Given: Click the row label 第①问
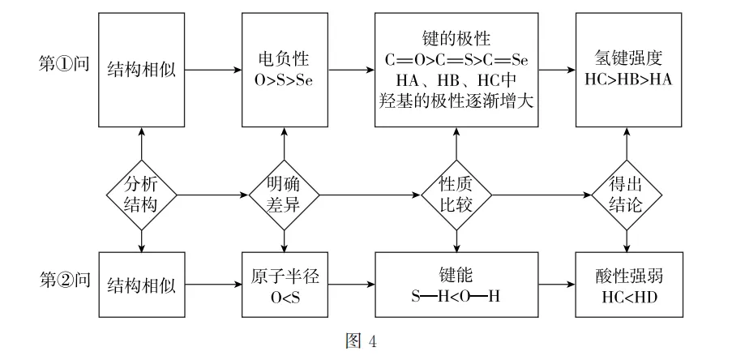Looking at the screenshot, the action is pyautogui.click(x=64, y=63).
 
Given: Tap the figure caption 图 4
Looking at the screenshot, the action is pyautogui.click(x=361, y=341).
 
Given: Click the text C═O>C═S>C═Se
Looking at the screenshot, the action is pyautogui.click(x=456, y=60).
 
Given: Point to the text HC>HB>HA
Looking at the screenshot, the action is pyautogui.click(x=628, y=79).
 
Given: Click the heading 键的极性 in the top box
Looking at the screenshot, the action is pyautogui.click(x=456, y=39).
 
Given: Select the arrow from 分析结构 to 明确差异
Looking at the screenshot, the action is pyautogui.click(x=213, y=195).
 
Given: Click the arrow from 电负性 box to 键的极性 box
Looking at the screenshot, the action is pyautogui.click(x=351, y=70).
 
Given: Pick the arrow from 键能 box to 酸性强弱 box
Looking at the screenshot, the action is pyautogui.click(x=556, y=285).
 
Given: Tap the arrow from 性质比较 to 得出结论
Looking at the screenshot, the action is pyautogui.click(x=542, y=195).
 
